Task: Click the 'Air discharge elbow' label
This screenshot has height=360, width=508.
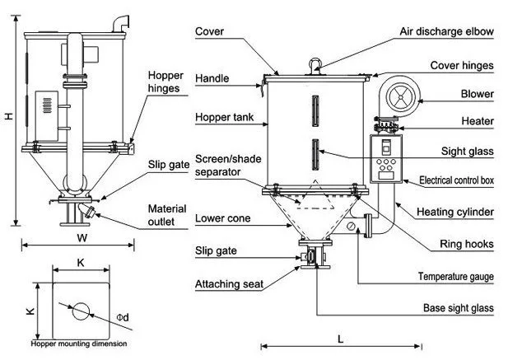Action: [446, 32]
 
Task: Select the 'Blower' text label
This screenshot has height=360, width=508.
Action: [478, 94]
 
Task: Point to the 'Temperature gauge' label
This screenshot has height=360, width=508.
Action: [456, 276]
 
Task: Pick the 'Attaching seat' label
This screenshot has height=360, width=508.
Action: [229, 284]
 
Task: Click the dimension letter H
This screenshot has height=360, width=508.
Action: [8, 117]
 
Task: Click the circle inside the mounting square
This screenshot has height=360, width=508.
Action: [81, 311]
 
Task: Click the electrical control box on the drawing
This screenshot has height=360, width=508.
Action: [386, 157]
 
